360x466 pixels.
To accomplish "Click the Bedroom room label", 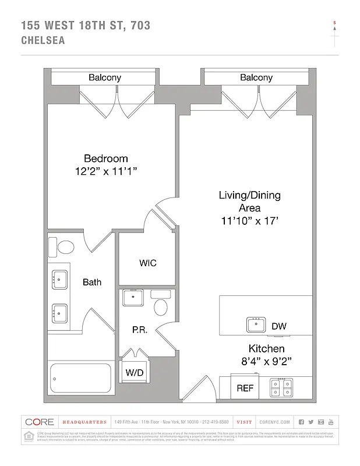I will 105,158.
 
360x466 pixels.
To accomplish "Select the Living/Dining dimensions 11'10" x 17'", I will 249,221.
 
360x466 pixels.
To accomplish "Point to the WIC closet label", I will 147,263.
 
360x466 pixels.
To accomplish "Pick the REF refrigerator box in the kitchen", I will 245,388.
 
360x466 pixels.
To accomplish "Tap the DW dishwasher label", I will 278,326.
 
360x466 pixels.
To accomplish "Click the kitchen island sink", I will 256,324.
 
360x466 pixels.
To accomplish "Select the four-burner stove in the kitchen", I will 281,387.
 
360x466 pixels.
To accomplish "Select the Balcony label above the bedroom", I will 105,77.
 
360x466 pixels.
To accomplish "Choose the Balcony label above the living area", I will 256,77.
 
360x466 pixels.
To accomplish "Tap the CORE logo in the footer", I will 40,422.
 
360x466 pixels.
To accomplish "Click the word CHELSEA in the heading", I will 43,41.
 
